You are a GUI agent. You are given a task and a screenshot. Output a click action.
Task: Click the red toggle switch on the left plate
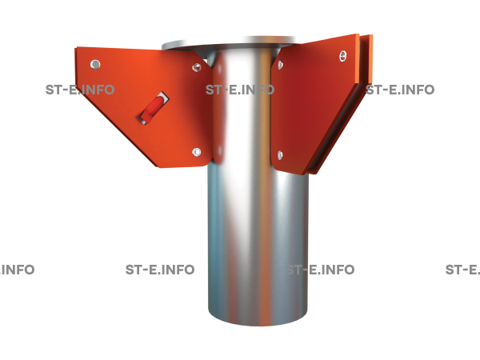point(154,108)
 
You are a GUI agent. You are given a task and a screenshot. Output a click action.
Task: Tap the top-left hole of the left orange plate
point(95,65)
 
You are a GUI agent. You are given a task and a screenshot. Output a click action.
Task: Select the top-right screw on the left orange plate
point(197,67)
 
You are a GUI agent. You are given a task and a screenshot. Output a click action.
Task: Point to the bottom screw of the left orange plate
point(197,152)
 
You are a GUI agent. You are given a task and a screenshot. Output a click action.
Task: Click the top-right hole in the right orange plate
point(343,56)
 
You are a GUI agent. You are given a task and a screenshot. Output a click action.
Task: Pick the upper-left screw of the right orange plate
point(280,65)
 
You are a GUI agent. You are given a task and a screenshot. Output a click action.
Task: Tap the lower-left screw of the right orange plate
point(280,155)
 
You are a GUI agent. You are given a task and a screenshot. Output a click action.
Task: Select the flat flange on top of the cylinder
point(228,44)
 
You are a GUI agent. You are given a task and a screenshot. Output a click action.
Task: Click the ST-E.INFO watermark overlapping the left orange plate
point(80,90)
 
